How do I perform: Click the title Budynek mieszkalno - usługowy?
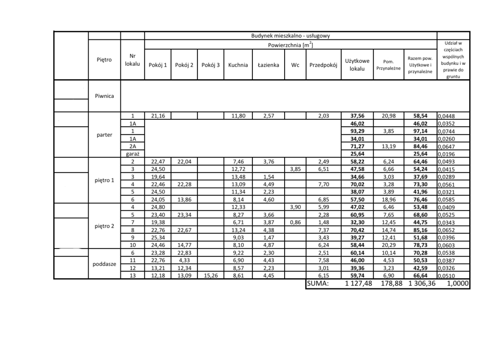(x=290, y=36)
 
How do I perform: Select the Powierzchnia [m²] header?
(x=290, y=45)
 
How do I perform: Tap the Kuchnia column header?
(x=238, y=65)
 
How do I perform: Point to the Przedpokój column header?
(x=323, y=65)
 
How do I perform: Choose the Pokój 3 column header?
(x=210, y=65)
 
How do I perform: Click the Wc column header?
(x=294, y=65)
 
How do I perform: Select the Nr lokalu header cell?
(x=132, y=60)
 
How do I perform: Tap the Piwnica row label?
(x=104, y=96)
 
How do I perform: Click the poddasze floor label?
(x=104, y=264)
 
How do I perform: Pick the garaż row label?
(x=132, y=154)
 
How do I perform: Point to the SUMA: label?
(x=318, y=284)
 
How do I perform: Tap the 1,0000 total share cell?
(x=457, y=284)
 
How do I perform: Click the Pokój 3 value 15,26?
(x=210, y=276)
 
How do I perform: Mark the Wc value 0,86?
(x=294, y=222)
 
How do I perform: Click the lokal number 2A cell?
(x=132, y=146)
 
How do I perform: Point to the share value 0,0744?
(x=446, y=132)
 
